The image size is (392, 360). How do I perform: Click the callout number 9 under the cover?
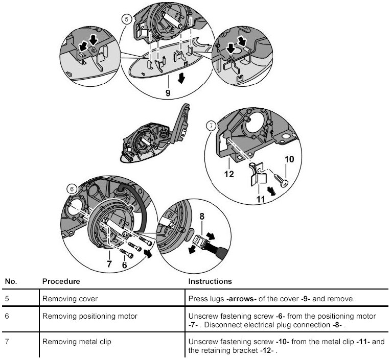[x=168, y=93]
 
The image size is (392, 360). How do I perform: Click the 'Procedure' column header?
[x=61, y=281]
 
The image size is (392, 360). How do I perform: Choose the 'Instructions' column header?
[x=211, y=281]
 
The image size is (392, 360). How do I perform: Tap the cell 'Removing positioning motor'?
[x=90, y=317]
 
